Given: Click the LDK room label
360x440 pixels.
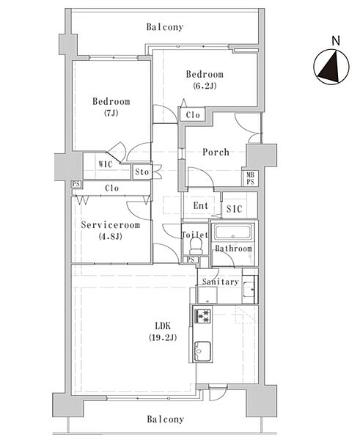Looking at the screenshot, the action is (x=163, y=326).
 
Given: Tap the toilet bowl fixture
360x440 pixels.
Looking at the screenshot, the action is (x=196, y=245).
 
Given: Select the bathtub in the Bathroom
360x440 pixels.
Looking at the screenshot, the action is (x=234, y=232).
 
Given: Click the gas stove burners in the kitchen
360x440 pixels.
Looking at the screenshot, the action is (x=202, y=315).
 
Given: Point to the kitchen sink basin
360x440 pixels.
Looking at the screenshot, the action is (x=202, y=351).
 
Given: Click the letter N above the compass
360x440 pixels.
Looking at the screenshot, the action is (x=336, y=41).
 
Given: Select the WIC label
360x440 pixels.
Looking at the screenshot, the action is (x=106, y=164).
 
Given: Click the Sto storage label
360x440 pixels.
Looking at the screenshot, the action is (x=142, y=172).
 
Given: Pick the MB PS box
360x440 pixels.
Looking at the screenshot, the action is (x=250, y=178).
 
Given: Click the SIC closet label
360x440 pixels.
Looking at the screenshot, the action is (x=234, y=209).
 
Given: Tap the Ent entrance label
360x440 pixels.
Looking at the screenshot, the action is (x=201, y=205).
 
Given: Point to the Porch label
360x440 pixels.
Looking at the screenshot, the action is (x=216, y=152).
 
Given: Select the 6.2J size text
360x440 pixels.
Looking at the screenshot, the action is (x=205, y=86).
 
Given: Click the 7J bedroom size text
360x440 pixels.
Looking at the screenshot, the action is (x=111, y=113).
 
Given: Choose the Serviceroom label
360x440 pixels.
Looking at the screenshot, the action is (x=110, y=225).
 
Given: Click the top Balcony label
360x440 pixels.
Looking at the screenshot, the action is (x=165, y=27).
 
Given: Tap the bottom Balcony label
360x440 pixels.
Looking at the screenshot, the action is (x=166, y=419).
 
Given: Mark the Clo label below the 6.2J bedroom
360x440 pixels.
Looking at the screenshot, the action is (x=193, y=115).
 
